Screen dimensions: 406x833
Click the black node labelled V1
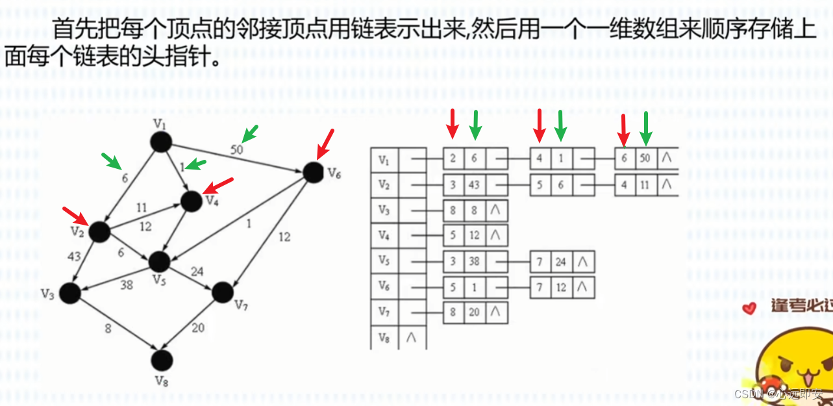160,141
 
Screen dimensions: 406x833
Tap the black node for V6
313,172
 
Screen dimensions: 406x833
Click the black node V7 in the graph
222,292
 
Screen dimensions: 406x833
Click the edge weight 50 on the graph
237,149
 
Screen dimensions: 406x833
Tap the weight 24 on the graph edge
197,271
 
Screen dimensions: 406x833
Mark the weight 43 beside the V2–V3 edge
74,257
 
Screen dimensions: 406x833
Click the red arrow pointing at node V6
325,144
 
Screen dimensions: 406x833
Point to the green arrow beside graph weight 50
249,133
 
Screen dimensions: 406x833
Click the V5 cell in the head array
384,261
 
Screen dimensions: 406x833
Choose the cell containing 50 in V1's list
645,158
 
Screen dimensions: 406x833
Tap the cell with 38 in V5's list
474,261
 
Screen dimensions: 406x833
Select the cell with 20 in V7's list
474,312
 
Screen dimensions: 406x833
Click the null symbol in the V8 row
410,336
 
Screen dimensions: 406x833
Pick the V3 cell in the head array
384,210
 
